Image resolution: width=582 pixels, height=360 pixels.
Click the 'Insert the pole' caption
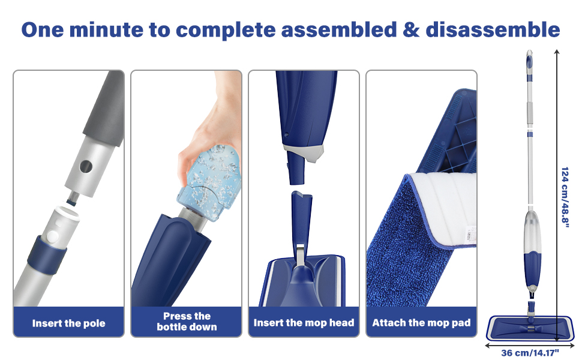tap(68, 323)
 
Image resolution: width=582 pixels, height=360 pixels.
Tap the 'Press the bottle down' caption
tap(186, 322)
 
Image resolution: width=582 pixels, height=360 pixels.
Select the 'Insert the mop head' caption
tap(304, 323)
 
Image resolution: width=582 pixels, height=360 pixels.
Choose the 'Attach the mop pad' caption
tap(421, 323)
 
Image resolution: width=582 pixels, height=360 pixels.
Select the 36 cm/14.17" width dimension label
tap(529, 352)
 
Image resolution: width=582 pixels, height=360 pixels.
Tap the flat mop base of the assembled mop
tap(528, 327)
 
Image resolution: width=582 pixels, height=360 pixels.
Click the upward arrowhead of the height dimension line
tap(557, 53)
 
